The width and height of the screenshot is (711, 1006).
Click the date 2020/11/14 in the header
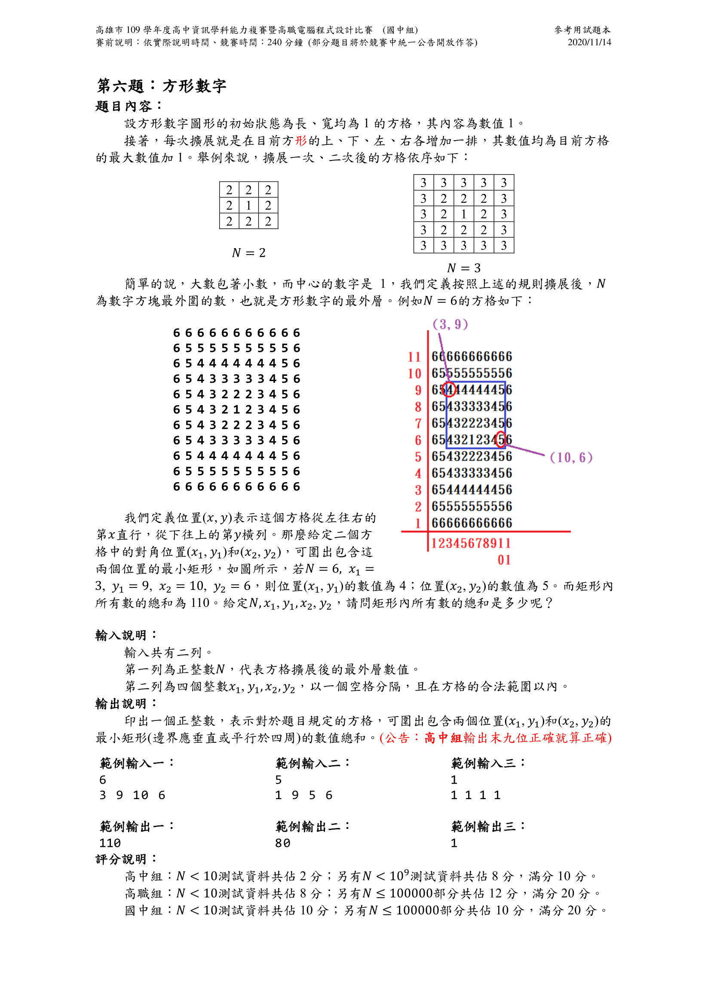click(589, 42)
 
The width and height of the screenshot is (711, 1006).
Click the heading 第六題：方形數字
click(161, 86)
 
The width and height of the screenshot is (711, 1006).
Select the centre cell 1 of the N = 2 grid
click(248, 206)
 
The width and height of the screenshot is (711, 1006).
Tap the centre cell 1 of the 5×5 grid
click(463, 214)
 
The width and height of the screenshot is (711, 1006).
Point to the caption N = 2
click(248, 253)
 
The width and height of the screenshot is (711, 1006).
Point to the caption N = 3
click(463, 268)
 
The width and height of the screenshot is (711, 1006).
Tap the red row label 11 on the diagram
click(414, 357)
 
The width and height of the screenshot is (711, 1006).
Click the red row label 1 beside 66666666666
click(418, 523)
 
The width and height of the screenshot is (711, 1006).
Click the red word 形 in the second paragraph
click(301, 141)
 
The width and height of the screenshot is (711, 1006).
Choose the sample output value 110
click(110, 843)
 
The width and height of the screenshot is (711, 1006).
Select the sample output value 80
click(282, 843)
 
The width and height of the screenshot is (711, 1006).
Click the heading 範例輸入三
click(487, 763)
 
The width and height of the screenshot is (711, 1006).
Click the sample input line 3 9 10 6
click(132, 795)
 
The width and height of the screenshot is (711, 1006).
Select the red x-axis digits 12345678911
click(471, 543)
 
